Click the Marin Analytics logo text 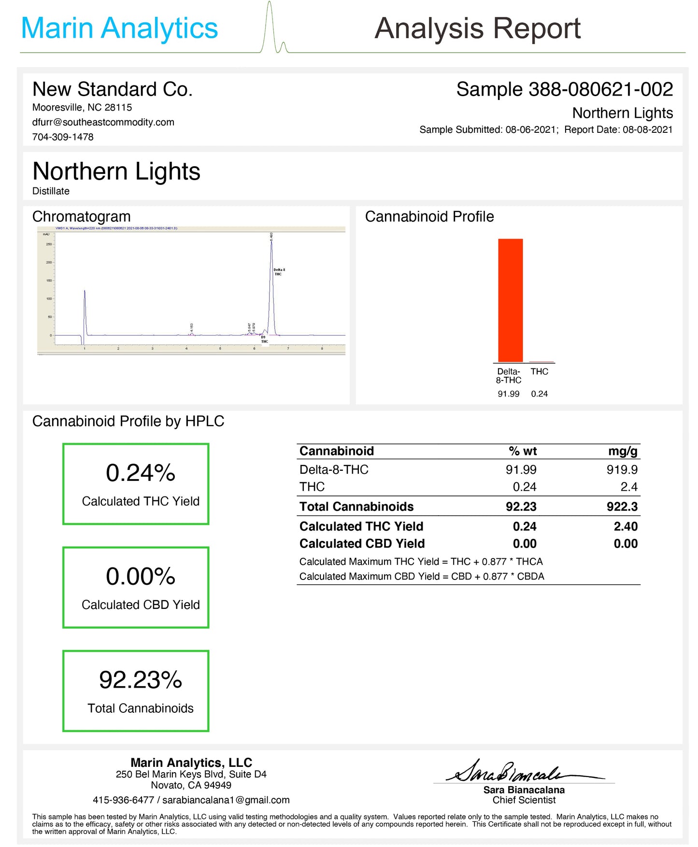pos(119,28)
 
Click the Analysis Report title pos(477,28)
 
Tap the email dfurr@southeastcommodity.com pos(103,122)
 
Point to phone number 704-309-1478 pos(63,137)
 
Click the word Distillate pos(51,191)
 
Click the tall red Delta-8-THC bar pos(510,299)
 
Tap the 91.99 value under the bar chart pos(508,394)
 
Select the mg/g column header pos(622,451)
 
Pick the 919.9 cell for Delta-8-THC pos(622,469)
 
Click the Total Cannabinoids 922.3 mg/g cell pos(622,507)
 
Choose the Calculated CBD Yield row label pos(362,544)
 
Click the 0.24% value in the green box pos(140,473)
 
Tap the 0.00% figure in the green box pos(140,577)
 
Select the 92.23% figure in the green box pos(140,680)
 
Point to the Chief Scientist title pos(524,800)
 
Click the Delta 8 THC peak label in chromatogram pos(279,272)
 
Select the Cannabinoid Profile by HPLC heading pos(128,422)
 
